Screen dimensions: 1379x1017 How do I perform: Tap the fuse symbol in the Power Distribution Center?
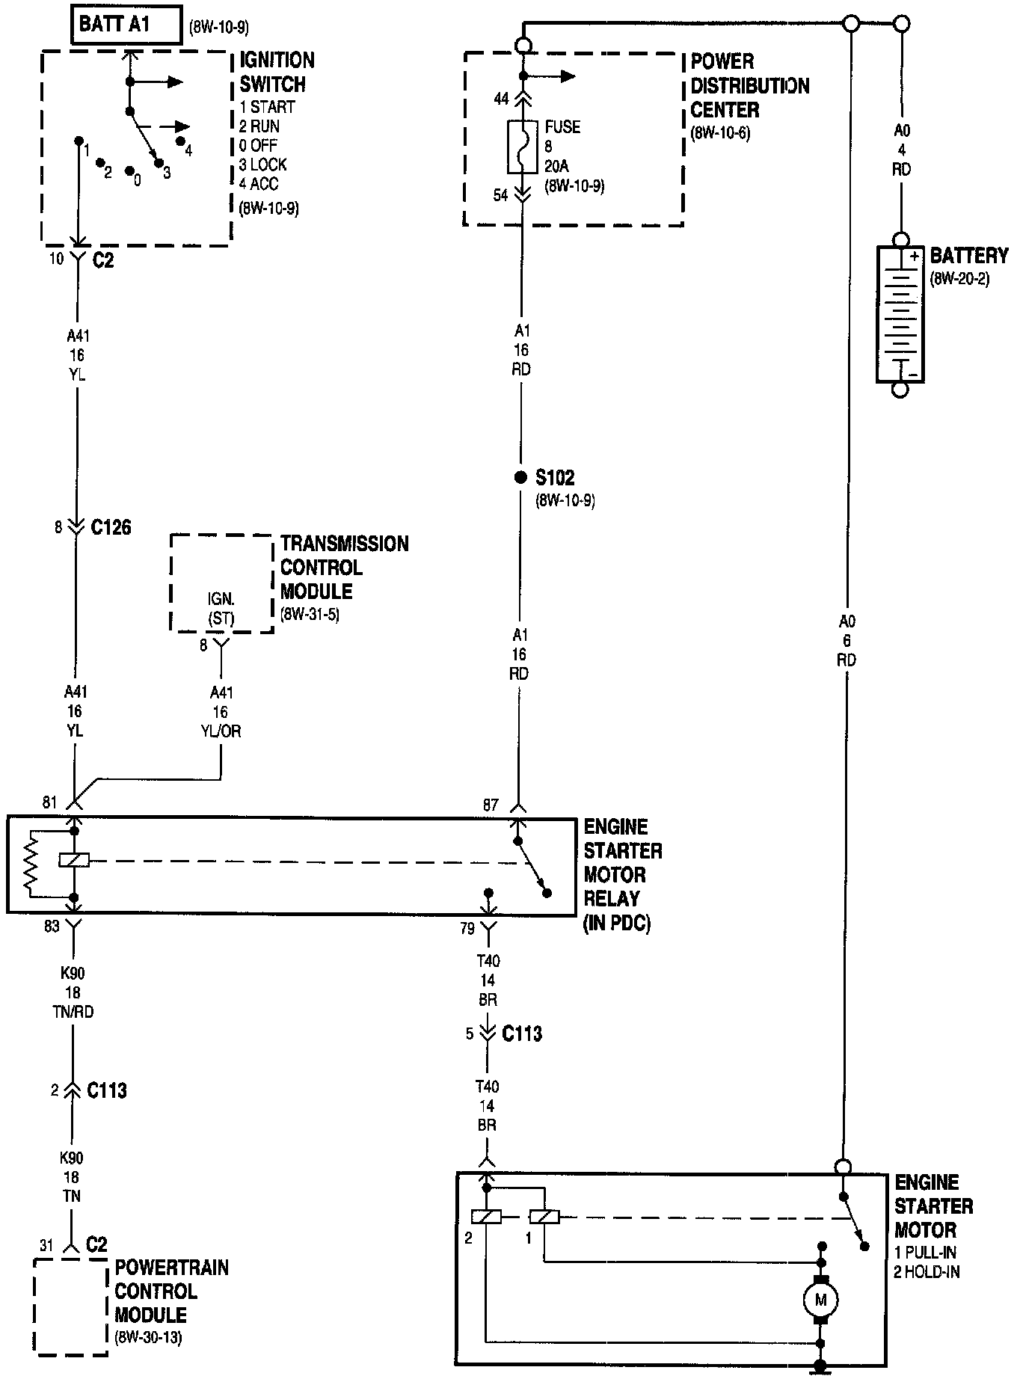pos(521,146)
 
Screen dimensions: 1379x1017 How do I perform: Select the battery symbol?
pos(900,315)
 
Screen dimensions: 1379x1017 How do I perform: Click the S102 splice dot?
pos(520,477)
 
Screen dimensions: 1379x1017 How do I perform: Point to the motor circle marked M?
pos(820,1300)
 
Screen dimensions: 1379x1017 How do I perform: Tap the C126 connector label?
pos(111,528)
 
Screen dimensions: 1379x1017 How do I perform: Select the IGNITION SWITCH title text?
pos(277,72)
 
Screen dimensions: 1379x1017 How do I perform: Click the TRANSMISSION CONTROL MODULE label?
pos(344,568)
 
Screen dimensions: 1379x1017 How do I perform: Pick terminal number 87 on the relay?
pos(491,806)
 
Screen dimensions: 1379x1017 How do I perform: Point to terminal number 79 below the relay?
pos(467,930)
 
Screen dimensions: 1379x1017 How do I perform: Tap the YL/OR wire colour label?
pos(221,731)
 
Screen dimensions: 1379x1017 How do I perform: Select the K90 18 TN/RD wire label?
pos(73,993)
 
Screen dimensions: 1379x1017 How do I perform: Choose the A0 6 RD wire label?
pos(847,641)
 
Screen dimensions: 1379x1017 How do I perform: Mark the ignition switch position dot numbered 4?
pos(180,141)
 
